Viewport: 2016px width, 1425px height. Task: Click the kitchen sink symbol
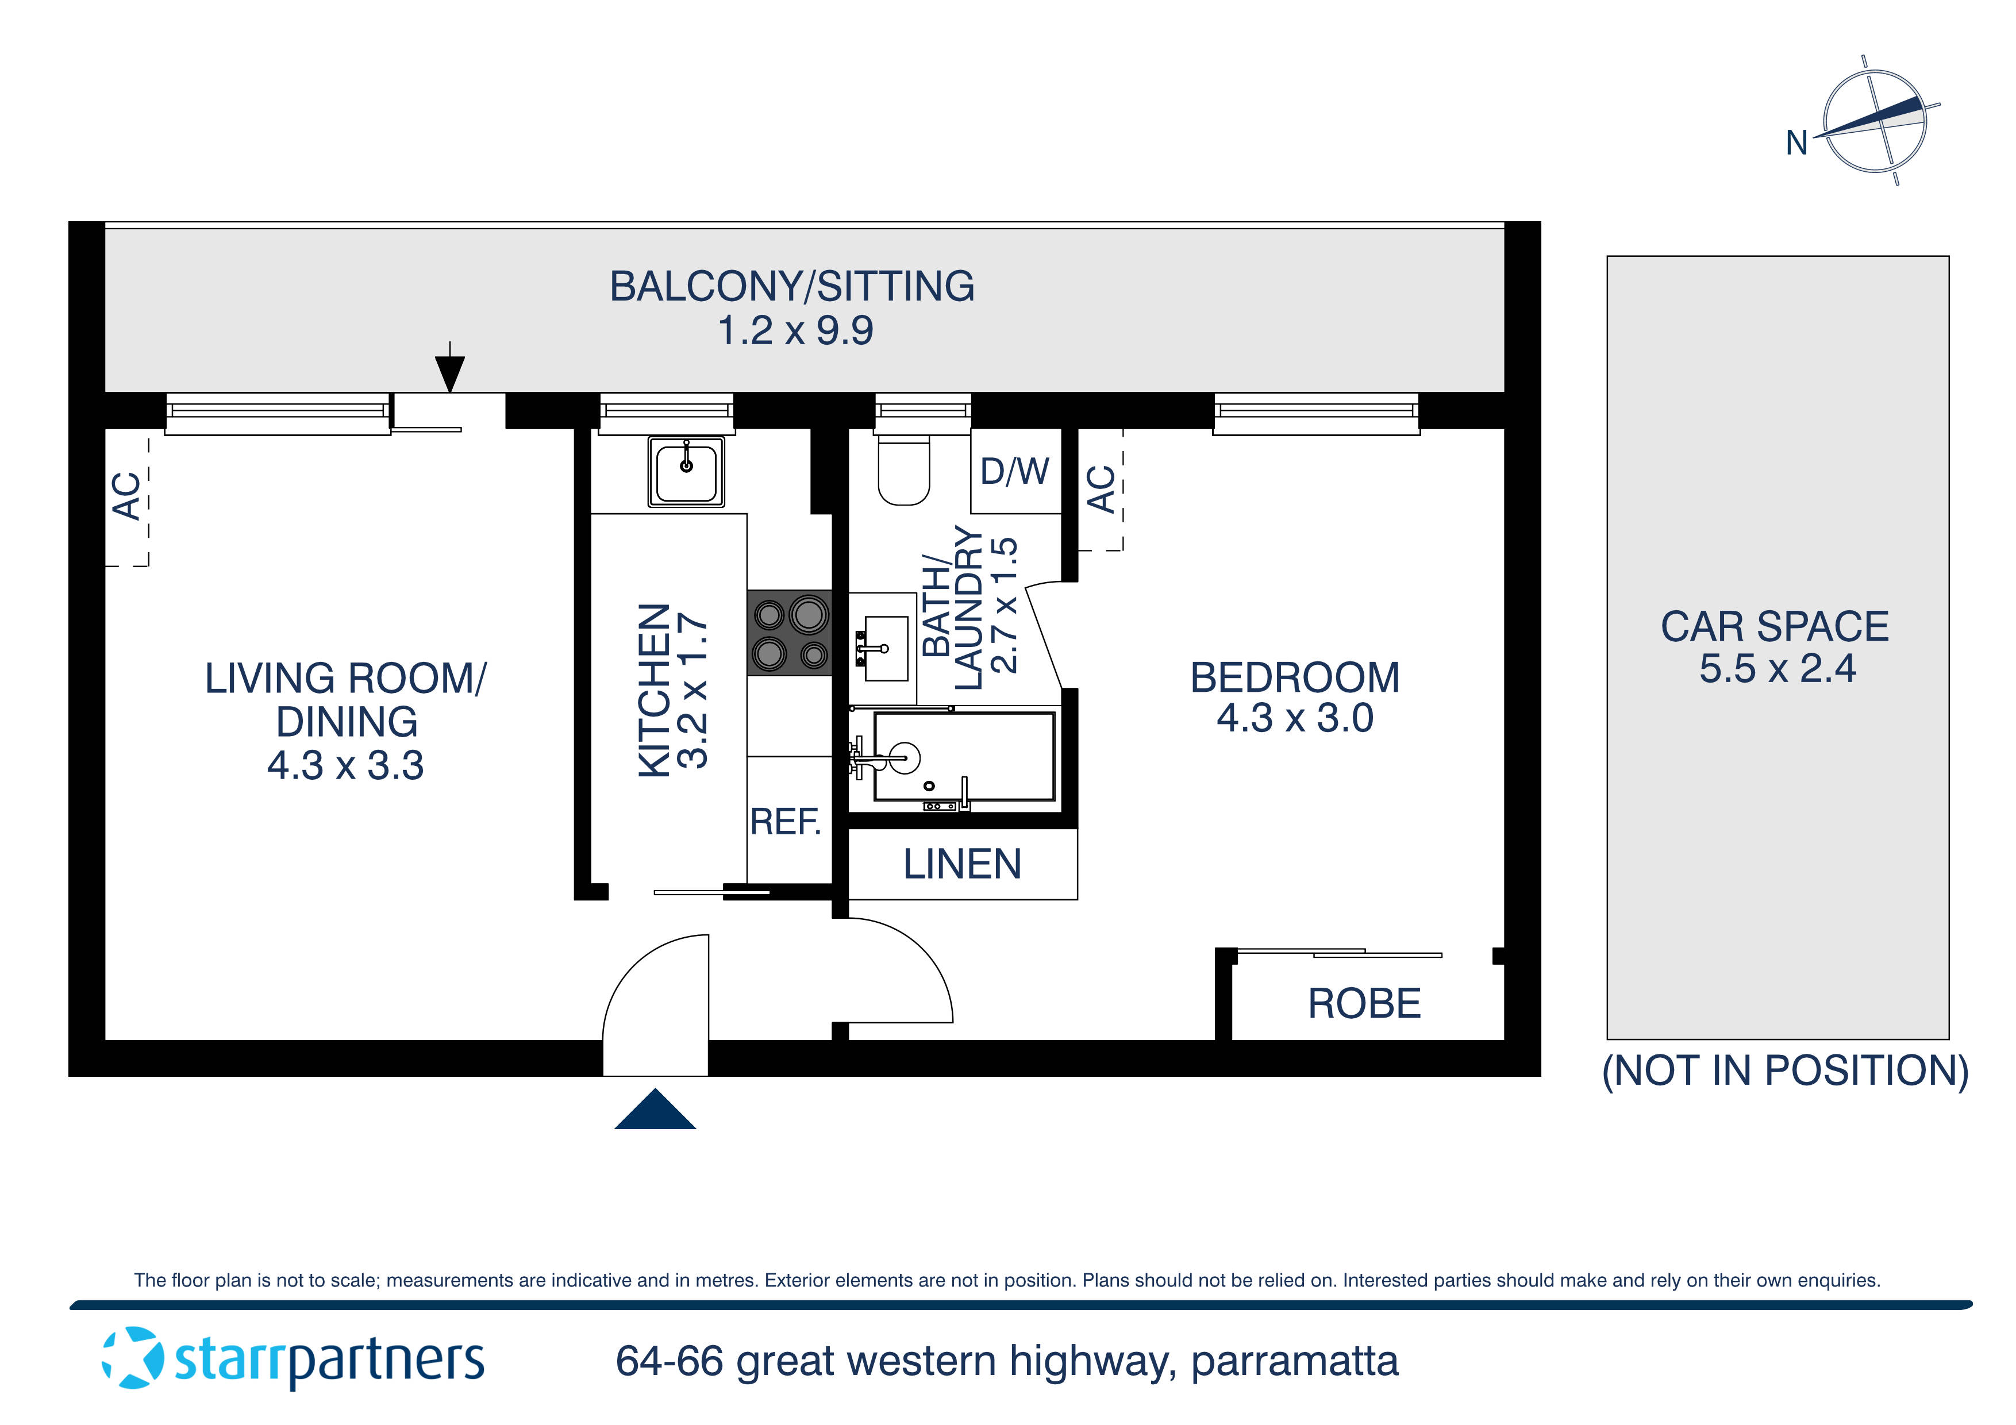[686, 472]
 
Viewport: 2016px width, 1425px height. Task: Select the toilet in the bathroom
[903, 472]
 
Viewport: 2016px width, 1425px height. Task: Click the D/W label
[1014, 472]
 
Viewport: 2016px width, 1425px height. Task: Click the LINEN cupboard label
[963, 865]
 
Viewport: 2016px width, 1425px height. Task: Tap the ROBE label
[1364, 1004]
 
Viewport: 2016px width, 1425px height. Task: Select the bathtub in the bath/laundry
[963, 757]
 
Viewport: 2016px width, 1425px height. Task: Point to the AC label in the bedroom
[1101, 489]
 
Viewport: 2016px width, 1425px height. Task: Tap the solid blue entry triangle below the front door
[655, 1111]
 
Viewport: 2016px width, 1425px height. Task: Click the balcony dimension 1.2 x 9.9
[795, 331]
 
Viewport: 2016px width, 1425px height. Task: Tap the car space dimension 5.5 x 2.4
[1777, 669]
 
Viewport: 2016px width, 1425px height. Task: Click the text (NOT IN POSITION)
[1785, 1071]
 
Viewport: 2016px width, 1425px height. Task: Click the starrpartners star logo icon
[133, 1358]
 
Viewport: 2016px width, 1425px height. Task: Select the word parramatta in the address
[1294, 1362]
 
